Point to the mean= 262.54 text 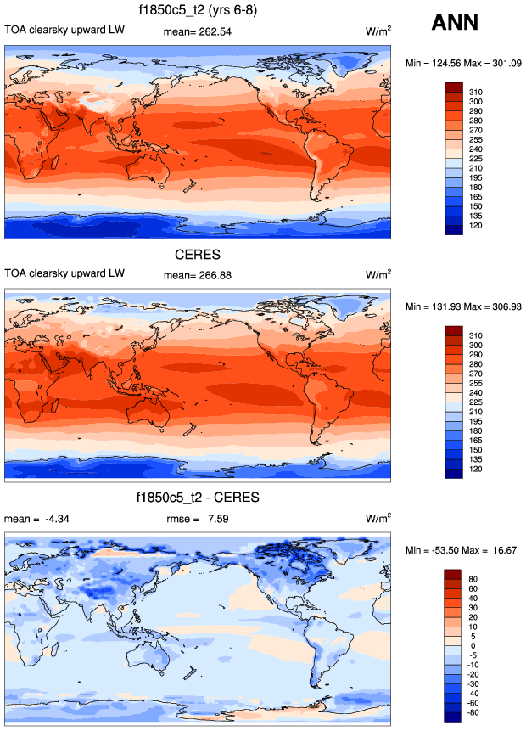tap(197, 31)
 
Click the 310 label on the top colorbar tap(476, 90)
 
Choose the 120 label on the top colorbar tap(476, 228)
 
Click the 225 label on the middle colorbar tap(476, 402)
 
